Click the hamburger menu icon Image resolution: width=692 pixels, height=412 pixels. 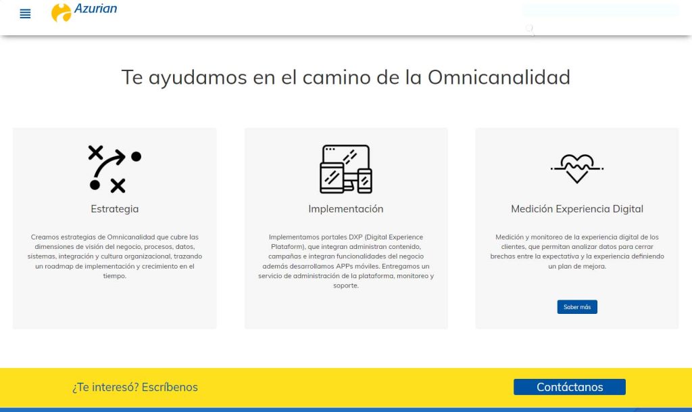pyautogui.click(x=25, y=14)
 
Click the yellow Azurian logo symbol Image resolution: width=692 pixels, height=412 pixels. pyautogui.click(x=61, y=12)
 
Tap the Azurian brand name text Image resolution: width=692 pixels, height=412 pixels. pyautogui.click(x=95, y=8)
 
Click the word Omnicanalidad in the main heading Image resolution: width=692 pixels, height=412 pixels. pyautogui.click(x=499, y=77)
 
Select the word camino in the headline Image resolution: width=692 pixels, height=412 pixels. pyautogui.click(x=336, y=77)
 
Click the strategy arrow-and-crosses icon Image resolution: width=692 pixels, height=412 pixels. pyautogui.click(x=115, y=169)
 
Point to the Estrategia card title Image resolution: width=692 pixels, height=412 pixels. pyautogui.click(x=115, y=209)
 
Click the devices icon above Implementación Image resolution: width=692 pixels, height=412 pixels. pyautogui.click(x=346, y=169)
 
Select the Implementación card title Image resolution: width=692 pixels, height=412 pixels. pyautogui.click(x=346, y=209)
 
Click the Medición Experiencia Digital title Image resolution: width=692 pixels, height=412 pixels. pyautogui.click(x=577, y=209)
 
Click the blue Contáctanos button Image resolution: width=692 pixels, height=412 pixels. pyautogui.click(x=569, y=387)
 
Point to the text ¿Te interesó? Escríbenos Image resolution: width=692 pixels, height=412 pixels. pyautogui.click(x=135, y=387)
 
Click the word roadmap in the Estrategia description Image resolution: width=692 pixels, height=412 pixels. pyautogui.click(x=59, y=267)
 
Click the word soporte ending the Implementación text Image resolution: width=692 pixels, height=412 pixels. pyautogui.click(x=345, y=285)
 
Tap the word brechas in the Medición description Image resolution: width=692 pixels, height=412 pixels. pyautogui.click(x=502, y=256)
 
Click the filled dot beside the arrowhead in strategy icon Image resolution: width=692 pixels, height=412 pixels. pyautogui.click(x=136, y=156)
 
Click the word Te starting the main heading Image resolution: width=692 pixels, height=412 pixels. pyautogui.click(x=132, y=77)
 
